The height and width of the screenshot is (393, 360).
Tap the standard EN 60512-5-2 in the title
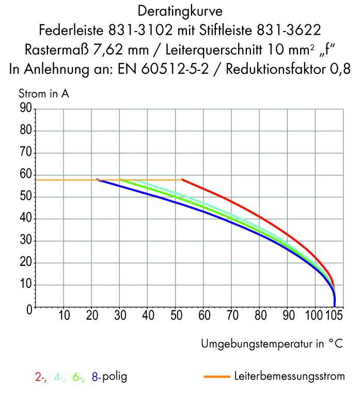(x=180, y=69)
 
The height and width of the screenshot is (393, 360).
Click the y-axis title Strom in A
(x=44, y=95)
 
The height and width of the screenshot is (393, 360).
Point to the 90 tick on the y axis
(x=26, y=109)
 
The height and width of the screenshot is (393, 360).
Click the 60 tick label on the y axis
(x=26, y=175)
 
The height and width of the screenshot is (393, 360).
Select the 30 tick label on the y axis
(x=26, y=241)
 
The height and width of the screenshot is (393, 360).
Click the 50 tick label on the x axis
(x=176, y=315)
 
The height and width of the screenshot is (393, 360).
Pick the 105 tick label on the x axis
(x=335, y=315)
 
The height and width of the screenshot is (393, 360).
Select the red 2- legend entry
(x=41, y=377)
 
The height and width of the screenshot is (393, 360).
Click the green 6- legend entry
(x=79, y=377)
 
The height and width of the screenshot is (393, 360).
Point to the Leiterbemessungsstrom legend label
(x=289, y=376)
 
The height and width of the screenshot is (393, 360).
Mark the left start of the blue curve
(x=98, y=180)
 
